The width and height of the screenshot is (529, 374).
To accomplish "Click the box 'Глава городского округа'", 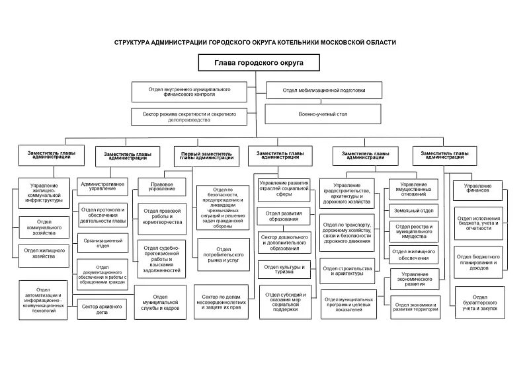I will pyautogui.click(x=257, y=63).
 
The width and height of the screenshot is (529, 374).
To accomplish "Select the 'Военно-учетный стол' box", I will pyautogui.click(x=323, y=114).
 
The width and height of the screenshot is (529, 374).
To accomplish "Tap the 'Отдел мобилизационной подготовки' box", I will pyautogui.click(x=323, y=91).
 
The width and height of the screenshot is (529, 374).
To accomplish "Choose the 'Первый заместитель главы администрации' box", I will pyautogui.click(x=207, y=157).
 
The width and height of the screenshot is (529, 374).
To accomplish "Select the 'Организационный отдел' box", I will pyautogui.click(x=103, y=244).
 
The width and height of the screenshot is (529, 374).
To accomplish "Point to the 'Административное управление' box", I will pyautogui.click(x=103, y=186).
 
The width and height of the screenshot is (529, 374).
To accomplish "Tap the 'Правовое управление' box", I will pyautogui.click(x=162, y=186).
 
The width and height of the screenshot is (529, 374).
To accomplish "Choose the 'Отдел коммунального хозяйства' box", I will pyautogui.click(x=44, y=227).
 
